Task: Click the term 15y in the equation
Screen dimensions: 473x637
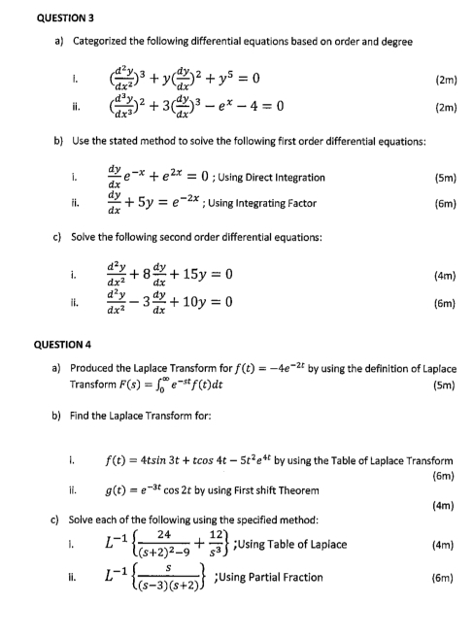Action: pyautogui.click(x=202, y=275)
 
